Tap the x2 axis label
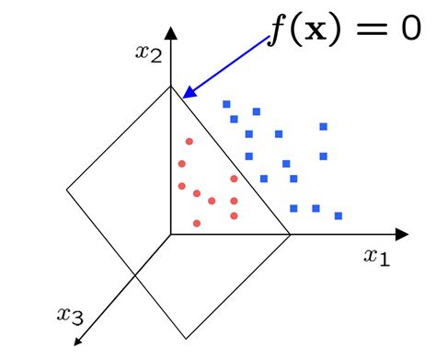point(148,52)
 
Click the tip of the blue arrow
point(184,95)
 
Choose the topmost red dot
point(189,141)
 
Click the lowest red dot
point(197,223)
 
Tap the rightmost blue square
point(338,216)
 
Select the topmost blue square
point(226,104)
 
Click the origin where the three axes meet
point(170,234)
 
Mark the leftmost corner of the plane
point(67,191)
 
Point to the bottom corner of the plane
point(187,337)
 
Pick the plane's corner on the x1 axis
point(291,234)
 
